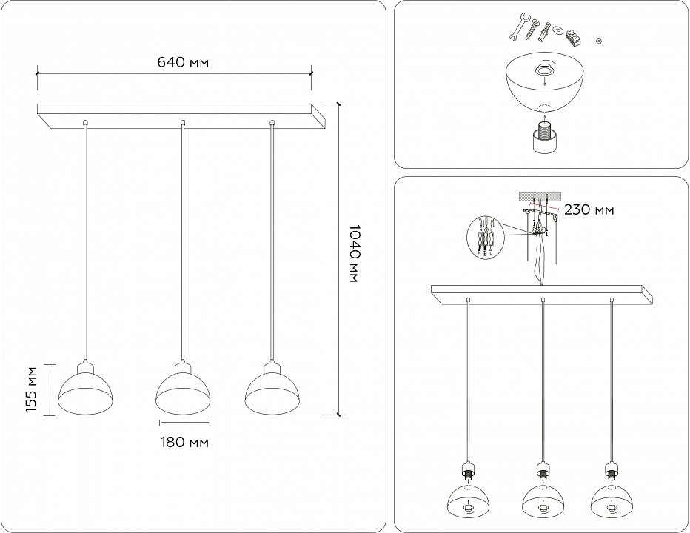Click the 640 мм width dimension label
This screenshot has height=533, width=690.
[182, 62]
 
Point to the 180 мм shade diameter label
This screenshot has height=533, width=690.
[184, 443]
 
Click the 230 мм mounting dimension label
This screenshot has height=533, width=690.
[589, 209]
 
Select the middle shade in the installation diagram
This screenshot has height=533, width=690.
[543, 501]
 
